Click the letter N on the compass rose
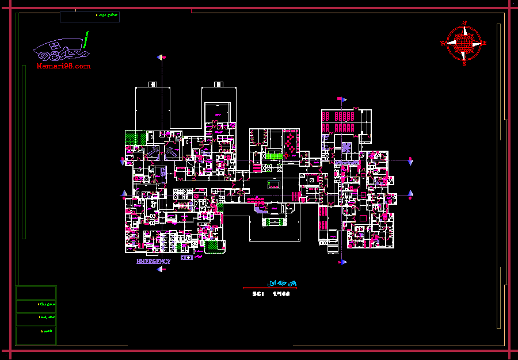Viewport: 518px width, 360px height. pyautogui.click(x=464, y=22)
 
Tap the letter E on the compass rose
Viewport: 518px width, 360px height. pyautogui.click(x=485, y=43)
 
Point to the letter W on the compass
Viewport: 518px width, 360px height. pyautogui.click(x=443, y=43)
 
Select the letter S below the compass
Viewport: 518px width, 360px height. pyautogui.click(x=464, y=64)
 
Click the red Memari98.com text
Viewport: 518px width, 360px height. pyautogui.click(x=63, y=67)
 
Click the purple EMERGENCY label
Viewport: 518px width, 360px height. pyautogui.click(x=153, y=261)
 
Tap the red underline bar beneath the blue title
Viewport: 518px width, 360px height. pyautogui.click(x=269, y=288)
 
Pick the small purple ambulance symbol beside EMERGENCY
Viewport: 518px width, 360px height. pyautogui.click(x=186, y=258)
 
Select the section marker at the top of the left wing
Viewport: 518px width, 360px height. pyautogui.click(x=162, y=58)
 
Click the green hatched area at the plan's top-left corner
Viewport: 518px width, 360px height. pyautogui.click(x=136, y=136)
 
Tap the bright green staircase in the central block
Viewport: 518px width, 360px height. pyautogui.click(x=273, y=155)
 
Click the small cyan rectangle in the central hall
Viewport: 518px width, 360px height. pyautogui.click(x=273, y=185)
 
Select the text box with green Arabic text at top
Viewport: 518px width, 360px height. pyautogui.click(x=90, y=17)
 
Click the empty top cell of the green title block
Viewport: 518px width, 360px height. pyautogui.click(x=36, y=292)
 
